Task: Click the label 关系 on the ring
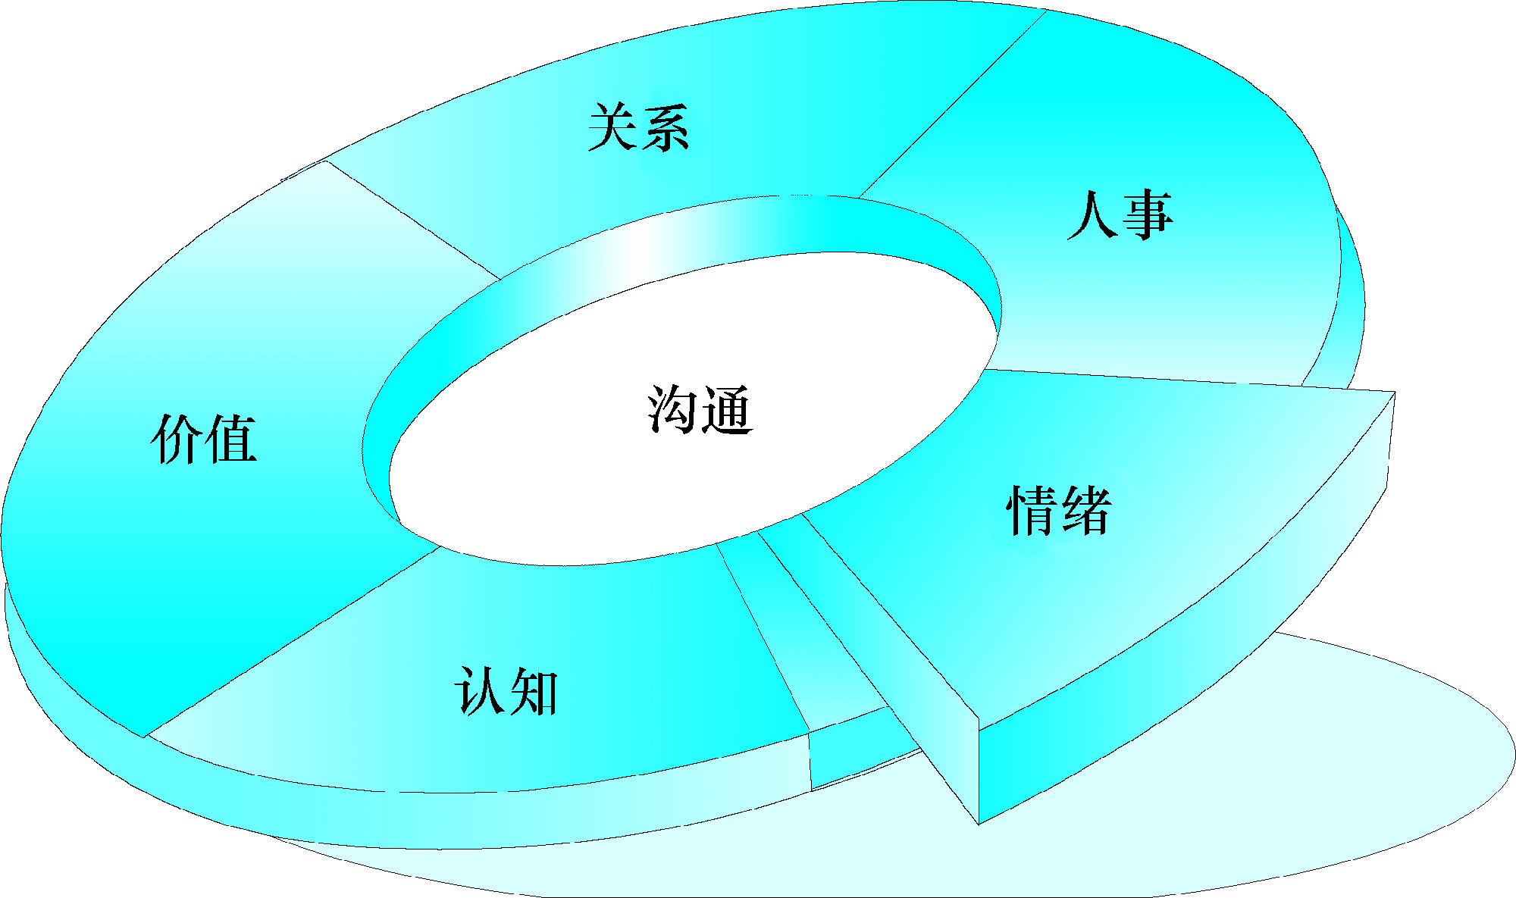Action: [638, 127]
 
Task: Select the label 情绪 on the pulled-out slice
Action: [1059, 510]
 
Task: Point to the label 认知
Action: [506, 690]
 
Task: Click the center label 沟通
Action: [700, 409]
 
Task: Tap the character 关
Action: [612, 127]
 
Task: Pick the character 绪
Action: [1085, 510]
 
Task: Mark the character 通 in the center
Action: [726, 410]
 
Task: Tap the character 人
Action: [1092, 215]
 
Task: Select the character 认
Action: [479, 690]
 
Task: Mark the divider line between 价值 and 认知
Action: [292, 643]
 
